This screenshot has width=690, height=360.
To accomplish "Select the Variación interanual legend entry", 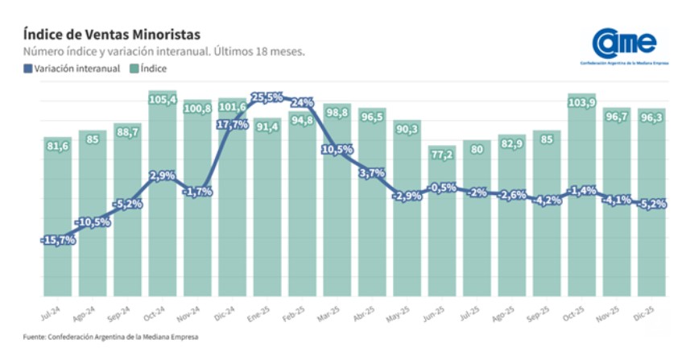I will coord(72,68).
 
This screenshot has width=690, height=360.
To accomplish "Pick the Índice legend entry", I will coord(149,68).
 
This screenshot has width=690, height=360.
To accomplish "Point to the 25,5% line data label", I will coord(267,97).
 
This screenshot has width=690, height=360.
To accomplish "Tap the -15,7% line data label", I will coord(57,239).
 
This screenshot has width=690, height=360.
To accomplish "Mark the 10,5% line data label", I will coord(337,149).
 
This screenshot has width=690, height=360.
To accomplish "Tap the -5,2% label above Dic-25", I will coord(651,204).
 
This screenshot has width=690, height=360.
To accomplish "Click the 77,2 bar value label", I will coord(441,154).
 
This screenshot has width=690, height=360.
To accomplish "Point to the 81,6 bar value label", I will coord(57,146).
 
